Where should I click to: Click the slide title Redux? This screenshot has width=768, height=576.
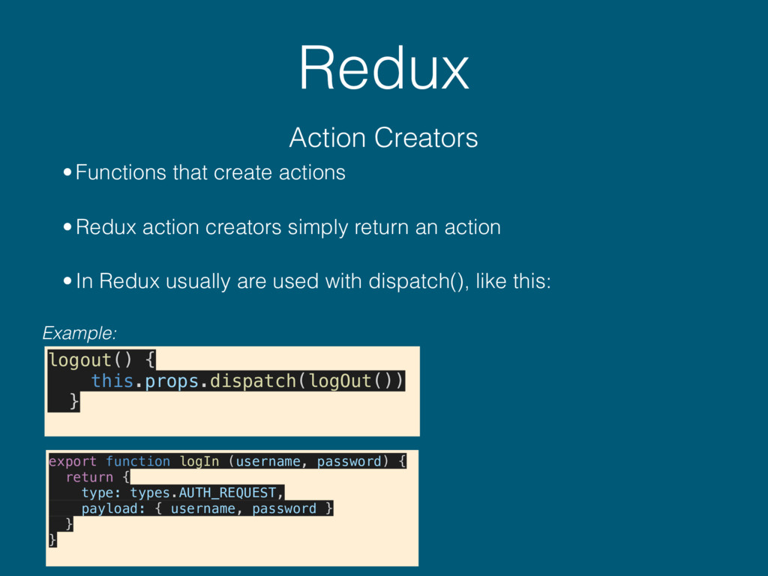pyautogui.click(x=383, y=70)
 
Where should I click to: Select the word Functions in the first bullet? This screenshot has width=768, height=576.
pyautogui.click(x=121, y=173)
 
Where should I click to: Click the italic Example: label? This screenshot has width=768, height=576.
pyautogui.click(x=79, y=332)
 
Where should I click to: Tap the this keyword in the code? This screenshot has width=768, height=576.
pyautogui.click(x=112, y=381)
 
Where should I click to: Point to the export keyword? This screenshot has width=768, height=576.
pyautogui.click(x=72, y=461)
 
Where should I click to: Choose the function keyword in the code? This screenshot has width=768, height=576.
pyautogui.click(x=138, y=461)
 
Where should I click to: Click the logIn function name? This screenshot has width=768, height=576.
pyautogui.click(x=199, y=461)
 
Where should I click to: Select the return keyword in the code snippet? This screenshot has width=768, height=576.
pyautogui.click(x=89, y=477)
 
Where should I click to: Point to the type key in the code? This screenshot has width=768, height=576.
pyautogui.click(x=97, y=493)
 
